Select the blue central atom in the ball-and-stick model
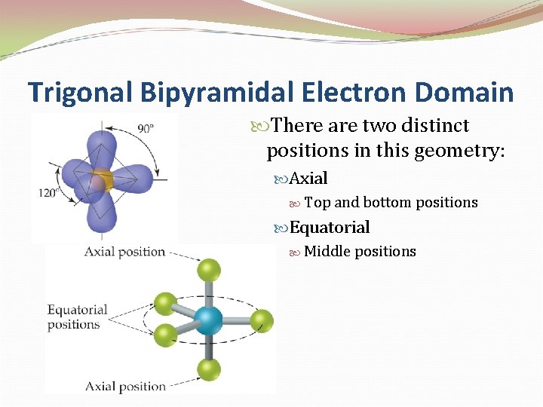[209, 320]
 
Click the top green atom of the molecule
[209, 269]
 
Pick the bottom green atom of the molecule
[209, 369]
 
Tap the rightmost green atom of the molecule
[261, 320]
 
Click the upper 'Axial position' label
[124, 251]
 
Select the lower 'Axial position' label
[124, 386]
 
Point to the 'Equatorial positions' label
[77, 317]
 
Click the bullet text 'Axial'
[308, 179]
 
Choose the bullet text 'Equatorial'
[330, 228]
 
